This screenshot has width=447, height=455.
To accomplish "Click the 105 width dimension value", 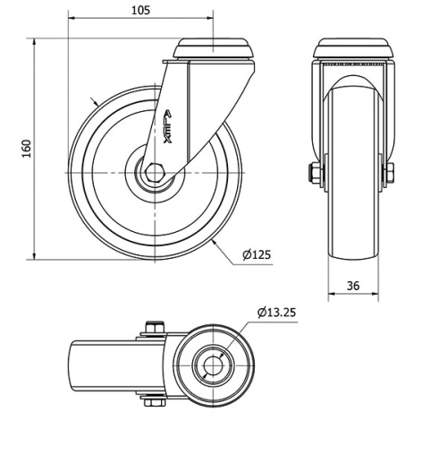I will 140,10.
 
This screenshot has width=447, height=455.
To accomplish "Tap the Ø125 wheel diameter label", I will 257,255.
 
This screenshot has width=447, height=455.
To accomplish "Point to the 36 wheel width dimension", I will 353,286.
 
